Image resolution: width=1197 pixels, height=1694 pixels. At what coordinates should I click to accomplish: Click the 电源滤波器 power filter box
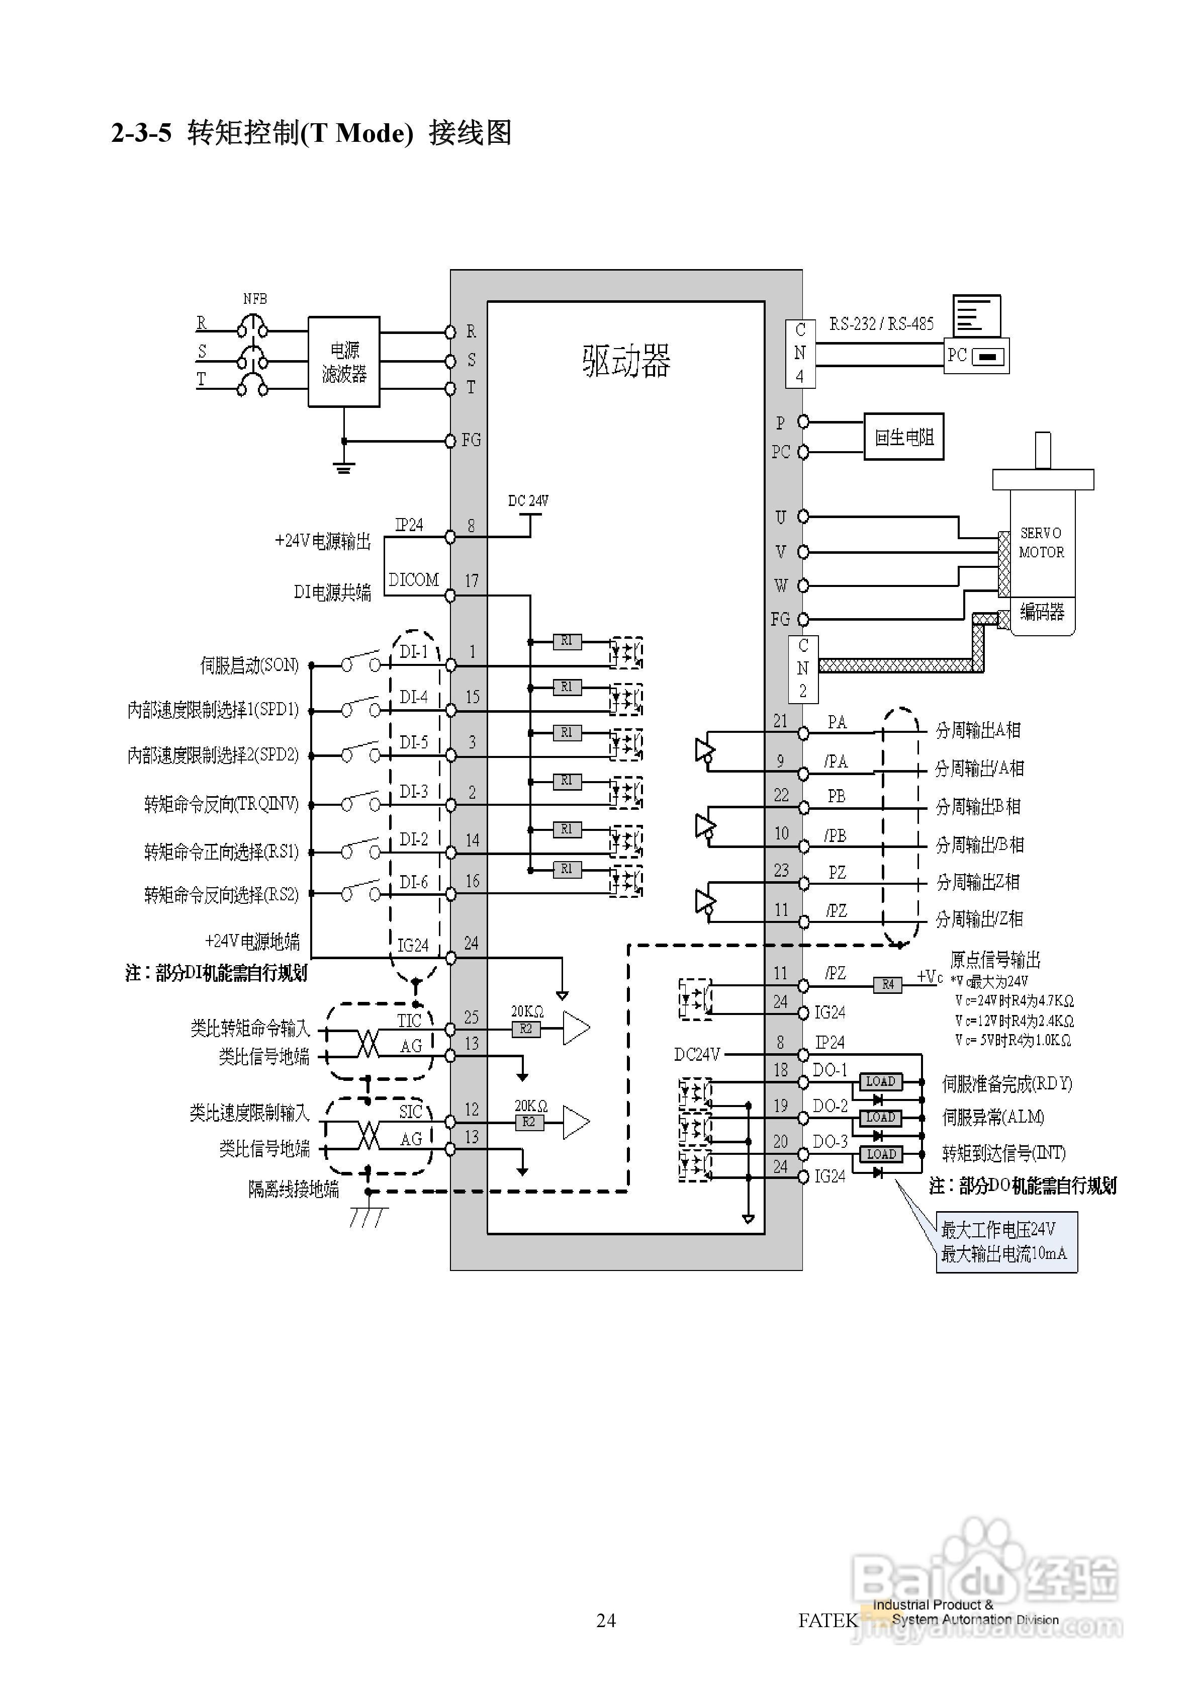click(344, 362)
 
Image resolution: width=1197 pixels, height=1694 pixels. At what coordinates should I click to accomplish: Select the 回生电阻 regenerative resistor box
click(903, 437)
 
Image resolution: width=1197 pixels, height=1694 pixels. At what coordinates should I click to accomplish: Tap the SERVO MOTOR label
click(1041, 542)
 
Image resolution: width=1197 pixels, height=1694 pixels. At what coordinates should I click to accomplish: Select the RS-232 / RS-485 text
click(881, 324)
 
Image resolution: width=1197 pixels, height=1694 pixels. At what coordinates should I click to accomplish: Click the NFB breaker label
click(255, 299)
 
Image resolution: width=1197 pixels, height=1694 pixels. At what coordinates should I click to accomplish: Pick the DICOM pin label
click(413, 580)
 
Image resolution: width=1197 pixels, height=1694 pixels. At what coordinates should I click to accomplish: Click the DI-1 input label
click(413, 651)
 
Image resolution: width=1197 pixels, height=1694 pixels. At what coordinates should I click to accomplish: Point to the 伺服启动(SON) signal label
click(249, 665)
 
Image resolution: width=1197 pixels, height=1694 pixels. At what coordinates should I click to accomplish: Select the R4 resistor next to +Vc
click(887, 984)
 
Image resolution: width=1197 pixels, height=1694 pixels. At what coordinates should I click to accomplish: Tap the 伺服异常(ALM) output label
click(993, 1117)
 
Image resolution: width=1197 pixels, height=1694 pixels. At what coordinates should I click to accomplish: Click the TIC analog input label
click(409, 1021)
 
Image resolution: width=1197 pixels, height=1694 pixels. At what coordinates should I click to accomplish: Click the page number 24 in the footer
click(605, 1620)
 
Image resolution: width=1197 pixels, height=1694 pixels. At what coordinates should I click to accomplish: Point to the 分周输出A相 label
click(977, 730)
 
